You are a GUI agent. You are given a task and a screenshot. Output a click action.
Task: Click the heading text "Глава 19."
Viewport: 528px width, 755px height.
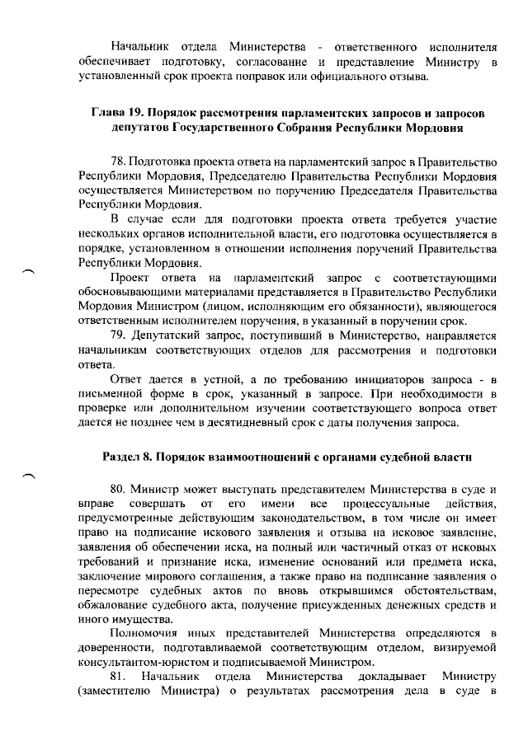click(117, 112)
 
